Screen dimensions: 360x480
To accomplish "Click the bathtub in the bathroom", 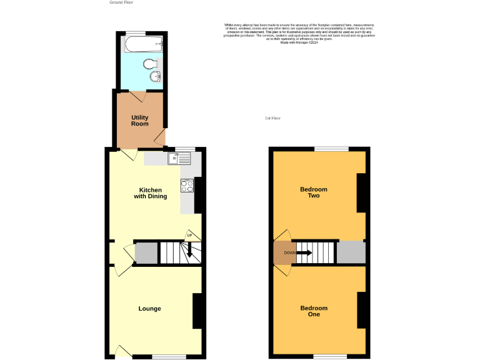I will click(143, 44).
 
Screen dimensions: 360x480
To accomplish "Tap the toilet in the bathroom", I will click(149, 63).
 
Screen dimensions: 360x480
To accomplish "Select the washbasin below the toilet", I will click(156, 77).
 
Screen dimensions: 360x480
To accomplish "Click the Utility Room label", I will click(140, 121).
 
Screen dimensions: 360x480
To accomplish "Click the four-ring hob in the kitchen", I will click(187, 185).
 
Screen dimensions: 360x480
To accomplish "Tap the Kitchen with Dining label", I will click(151, 193).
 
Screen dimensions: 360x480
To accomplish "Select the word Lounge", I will click(150, 309).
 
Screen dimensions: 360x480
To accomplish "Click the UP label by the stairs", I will click(189, 236).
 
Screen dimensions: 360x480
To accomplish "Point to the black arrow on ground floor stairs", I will click(187, 252).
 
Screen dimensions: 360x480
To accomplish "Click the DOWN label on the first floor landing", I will click(289, 252).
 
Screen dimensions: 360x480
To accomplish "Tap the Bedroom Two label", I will click(314, 192).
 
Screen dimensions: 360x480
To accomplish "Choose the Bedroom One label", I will click(314, 311).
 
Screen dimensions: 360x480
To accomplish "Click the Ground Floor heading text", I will click(121, 2).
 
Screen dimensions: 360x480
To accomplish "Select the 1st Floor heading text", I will click(272, 118).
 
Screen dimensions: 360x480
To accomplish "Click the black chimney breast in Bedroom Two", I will click(361, 192).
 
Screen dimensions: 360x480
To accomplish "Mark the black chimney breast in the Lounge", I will click(197, 311).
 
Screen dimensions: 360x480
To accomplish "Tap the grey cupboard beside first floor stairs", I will click(351, 252).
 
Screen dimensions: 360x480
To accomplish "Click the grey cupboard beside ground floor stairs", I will click(146, 253).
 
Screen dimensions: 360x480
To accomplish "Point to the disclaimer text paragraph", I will click(299, 34).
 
